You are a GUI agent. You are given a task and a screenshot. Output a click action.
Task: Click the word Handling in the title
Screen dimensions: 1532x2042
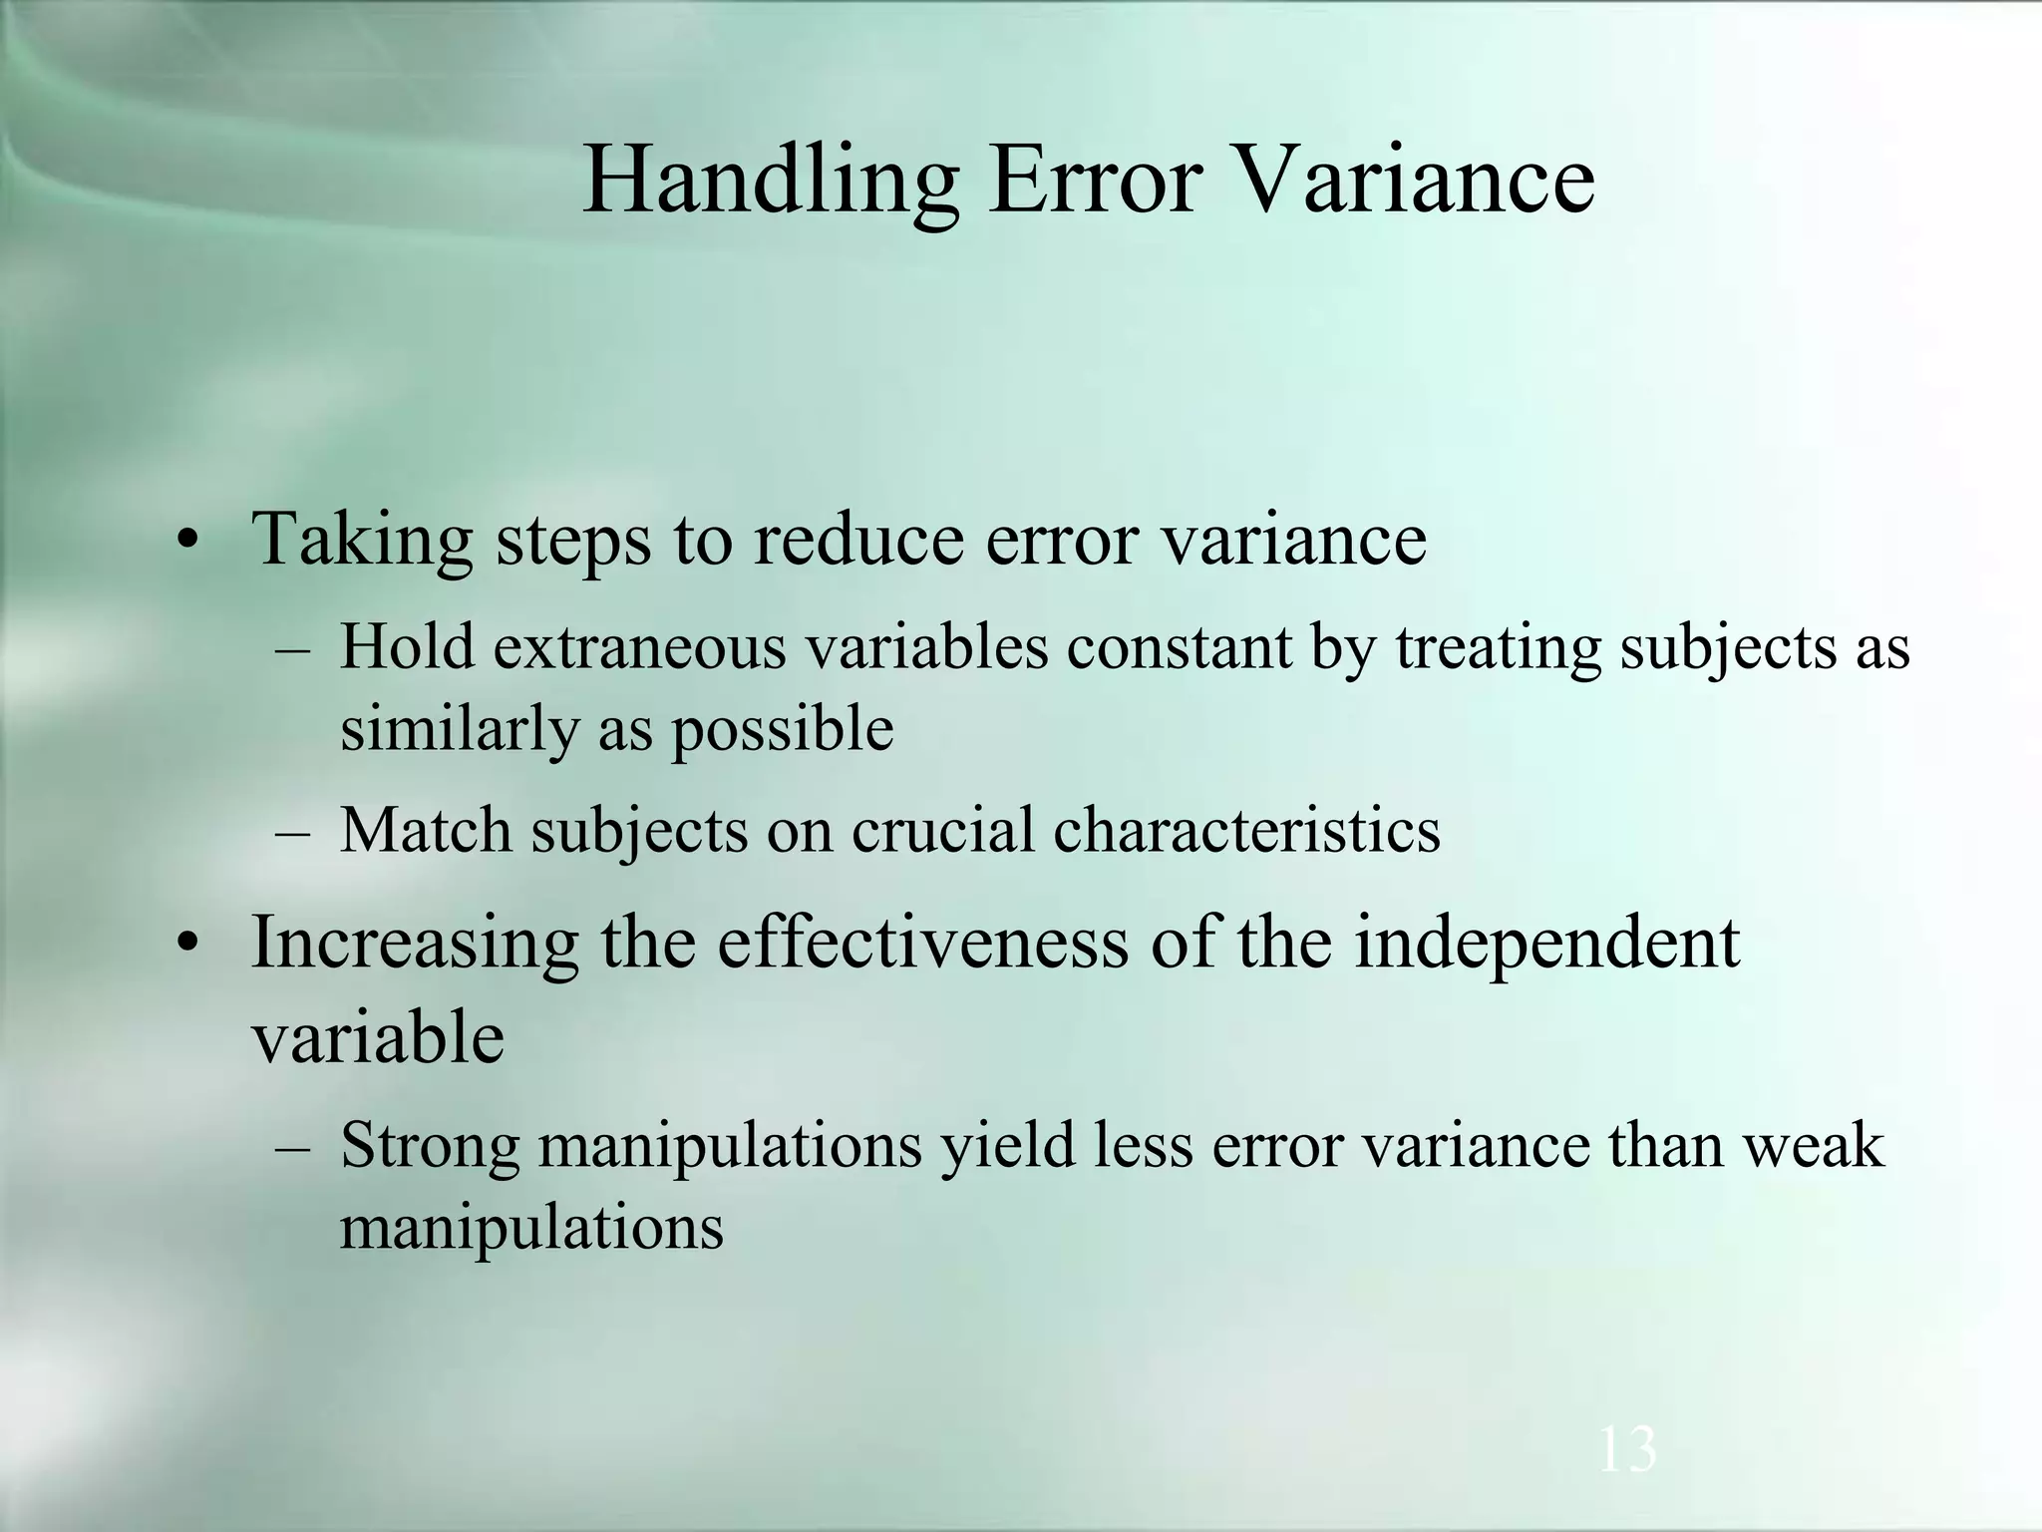coord(770,182)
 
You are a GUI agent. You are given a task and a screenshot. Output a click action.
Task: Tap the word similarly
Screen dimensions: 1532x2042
coord(459,730)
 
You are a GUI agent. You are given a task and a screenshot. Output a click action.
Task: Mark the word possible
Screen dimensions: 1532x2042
coord(782,730)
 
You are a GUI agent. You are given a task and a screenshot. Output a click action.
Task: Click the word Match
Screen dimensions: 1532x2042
coord(426,830)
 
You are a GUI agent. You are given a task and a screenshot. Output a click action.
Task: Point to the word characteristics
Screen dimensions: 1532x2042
coord(1246,830)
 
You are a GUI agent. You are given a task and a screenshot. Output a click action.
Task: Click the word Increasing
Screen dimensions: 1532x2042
coord(415,944)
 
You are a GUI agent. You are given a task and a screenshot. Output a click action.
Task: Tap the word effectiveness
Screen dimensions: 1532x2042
coord(922,942)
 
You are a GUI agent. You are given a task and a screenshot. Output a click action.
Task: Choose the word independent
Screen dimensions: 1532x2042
coord(1545,944)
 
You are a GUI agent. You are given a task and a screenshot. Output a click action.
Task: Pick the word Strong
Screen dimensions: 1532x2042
coord(430,1147)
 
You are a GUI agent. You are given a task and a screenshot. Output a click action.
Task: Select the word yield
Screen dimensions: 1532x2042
coord(1008,1147)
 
